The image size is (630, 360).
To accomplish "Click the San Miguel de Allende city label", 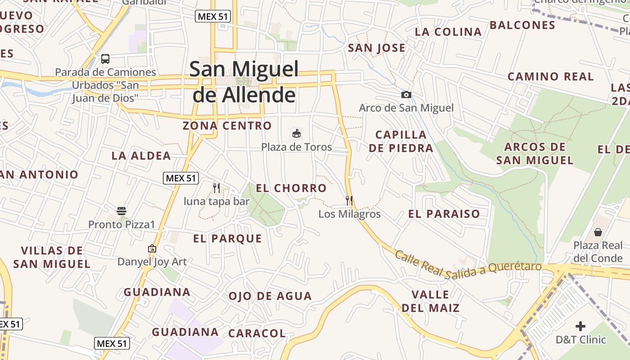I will pyautogui.click(x=244, y=82).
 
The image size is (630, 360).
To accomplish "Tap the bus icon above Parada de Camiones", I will pyautogui.click(x=105, y=59).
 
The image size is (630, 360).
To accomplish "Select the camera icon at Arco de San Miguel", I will pyautogui.click(x=406, y=94).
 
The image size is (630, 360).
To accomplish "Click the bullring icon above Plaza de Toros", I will pyautogui.click(x=297, y=134).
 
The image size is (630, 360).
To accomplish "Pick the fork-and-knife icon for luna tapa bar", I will pyautogui.click(x=216, y=188).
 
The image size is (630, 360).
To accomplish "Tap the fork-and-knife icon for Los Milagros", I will pyautogui.click(x=349, y=200).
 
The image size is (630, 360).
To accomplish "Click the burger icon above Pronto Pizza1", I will pyautogui.click(x=121, y=211).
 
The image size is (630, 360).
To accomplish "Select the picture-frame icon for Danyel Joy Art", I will pyautogui.click(x=152, y=248).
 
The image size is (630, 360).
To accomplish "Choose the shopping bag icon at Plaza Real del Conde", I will pyautogui.click(x=598, y=232).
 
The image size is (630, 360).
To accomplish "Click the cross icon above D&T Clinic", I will pyautogui.click(x=580, y=326).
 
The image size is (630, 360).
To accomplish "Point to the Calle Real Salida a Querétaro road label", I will pyautogui.click(x=468, y=266).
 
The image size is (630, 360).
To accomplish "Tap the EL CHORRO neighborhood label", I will pyautogui.click(x=291, y=188).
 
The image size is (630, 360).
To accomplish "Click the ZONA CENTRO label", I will pyautogui.click(x=227, y=126).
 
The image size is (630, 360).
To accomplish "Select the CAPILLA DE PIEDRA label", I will pyautogui.click(x=401, y=141).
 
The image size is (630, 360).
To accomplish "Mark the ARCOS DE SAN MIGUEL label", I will pyautogui.click(x=535, y=153).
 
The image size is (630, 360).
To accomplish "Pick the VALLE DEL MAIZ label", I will pyautogui.click(x=430, y=301).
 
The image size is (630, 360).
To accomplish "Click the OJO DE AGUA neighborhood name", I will pyautogui.click(x=270, y=296).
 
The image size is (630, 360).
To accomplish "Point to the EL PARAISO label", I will pyautogui.click(x=444, y=214).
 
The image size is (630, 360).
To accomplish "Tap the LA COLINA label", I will pyautogui.click(x=448, y=32).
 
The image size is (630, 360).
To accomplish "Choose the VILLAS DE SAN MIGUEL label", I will pyautogui.click(x=52, y=257).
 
